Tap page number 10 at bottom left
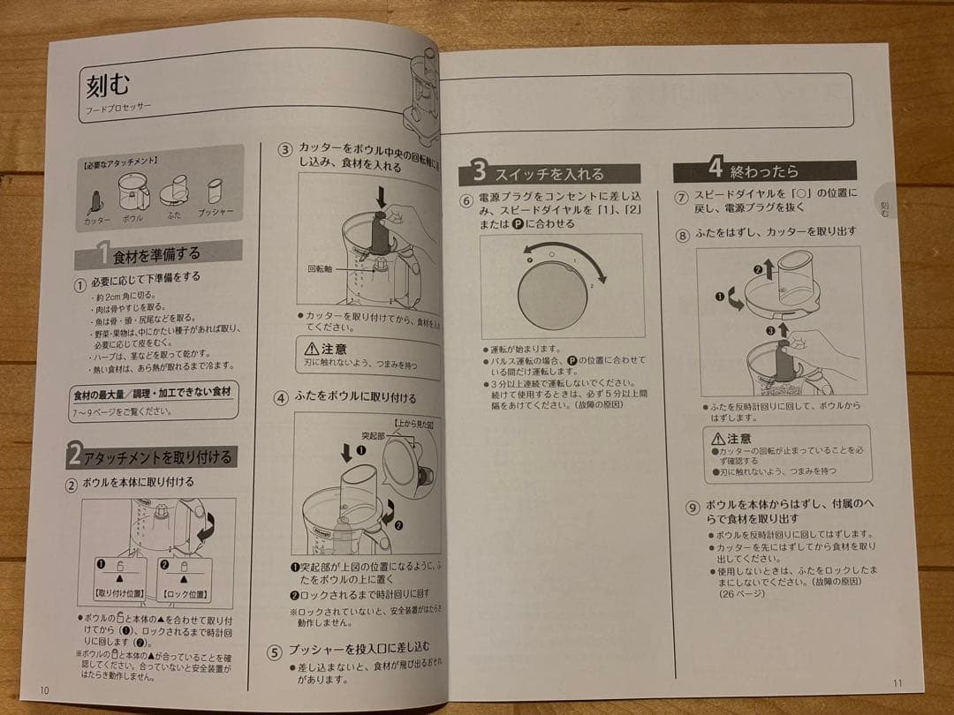(43, 689)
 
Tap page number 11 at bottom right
(897, 681)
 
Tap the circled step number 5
(275, 652)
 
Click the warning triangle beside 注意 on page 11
(718, 438)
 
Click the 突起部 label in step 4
(349, 435)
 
